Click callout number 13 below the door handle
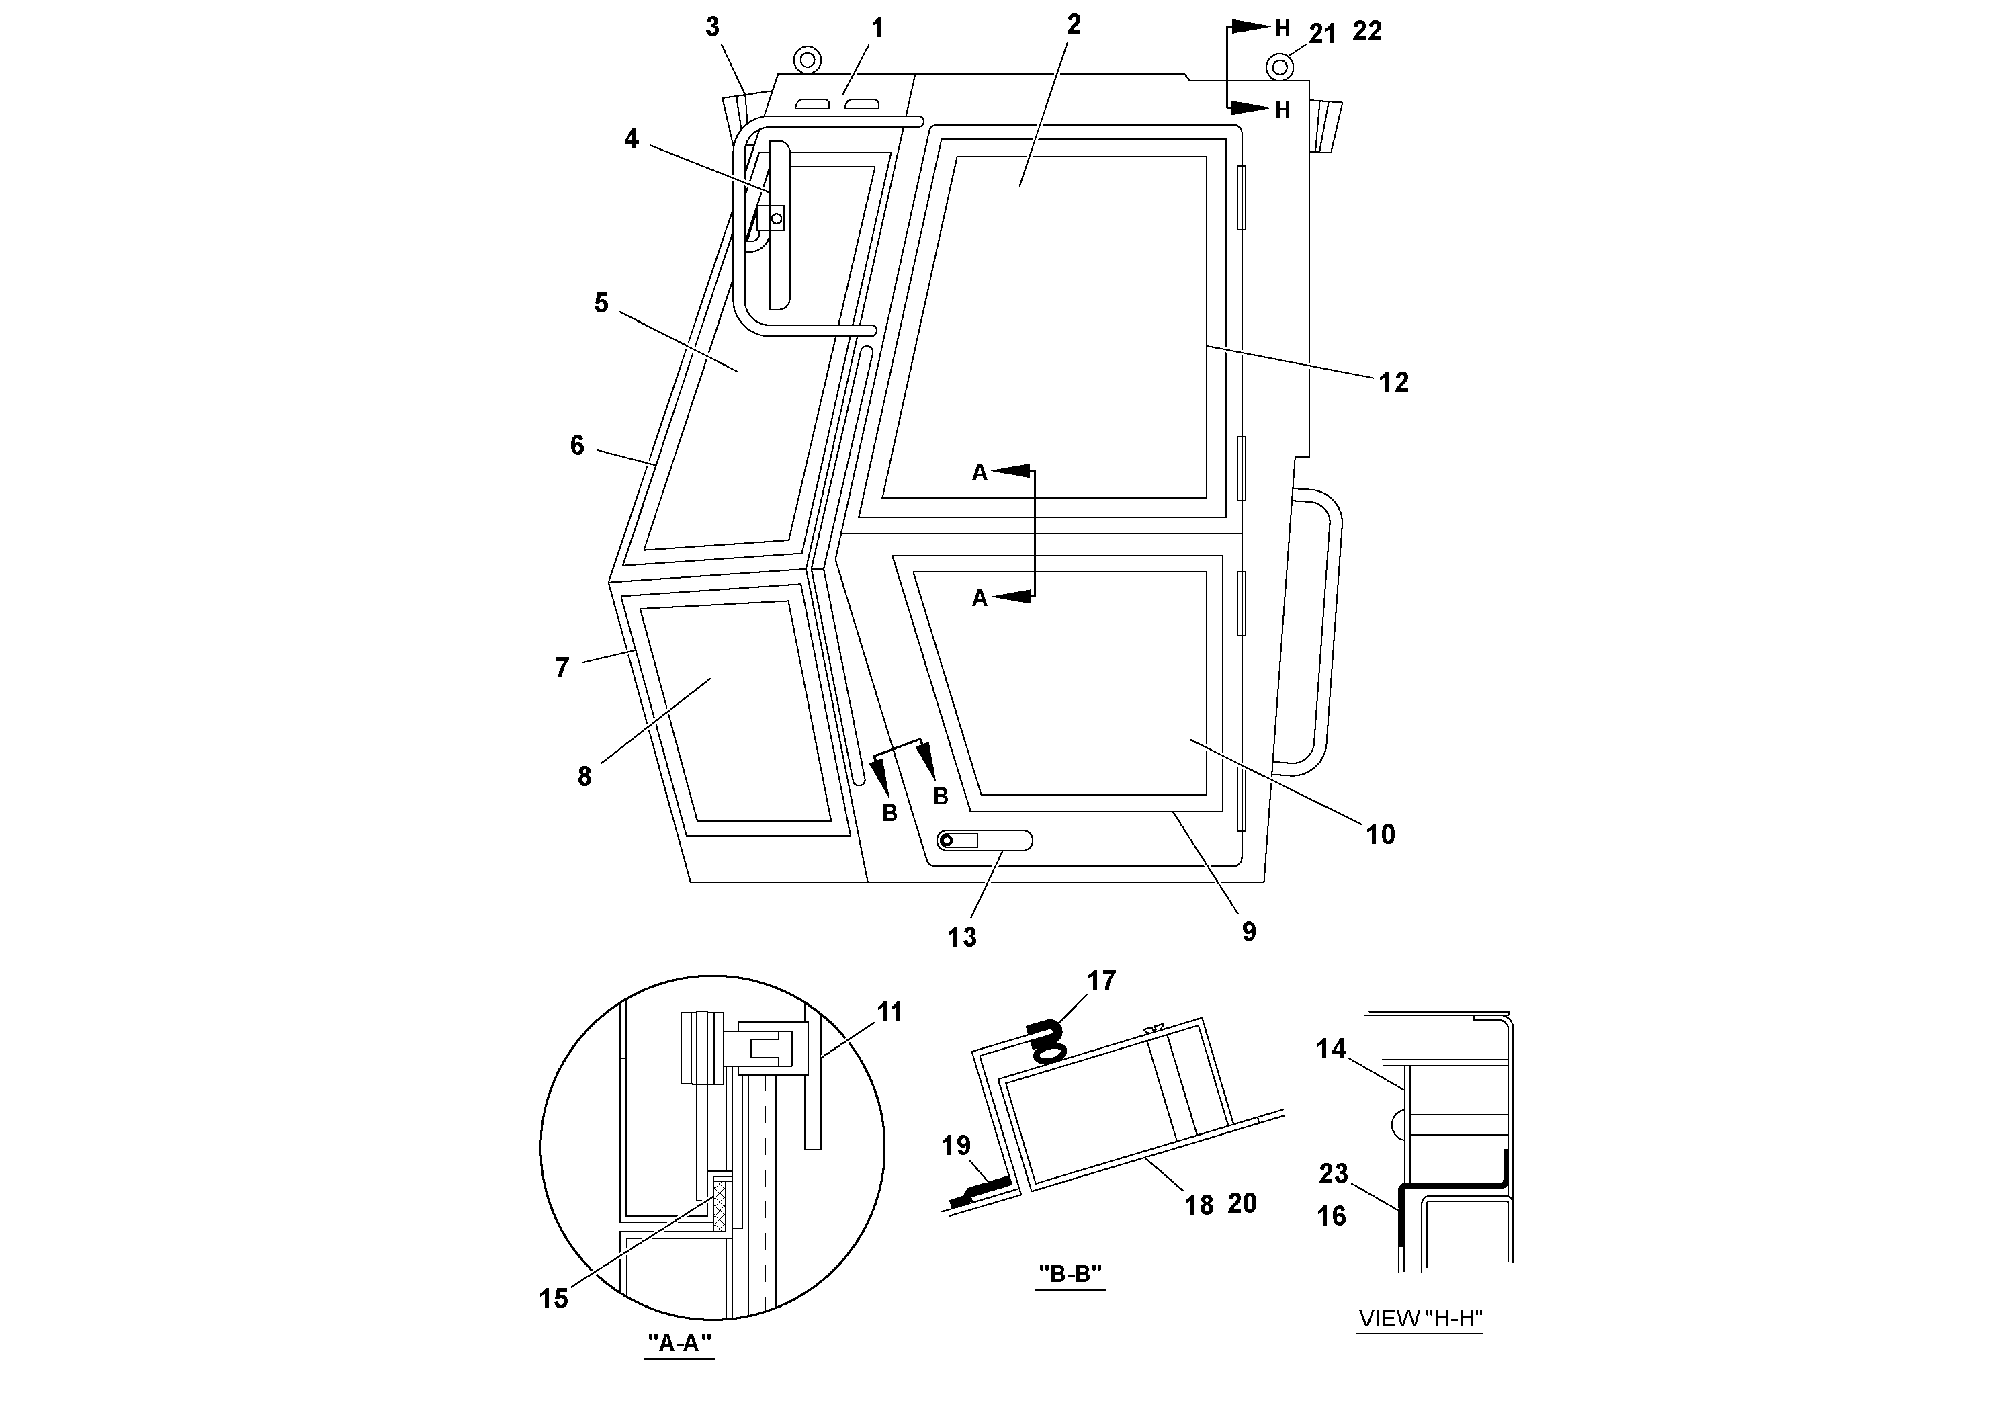coord(961,937)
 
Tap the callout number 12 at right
coord(1393,382)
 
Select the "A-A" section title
coord(679,1342)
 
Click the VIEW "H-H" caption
coord(1420,1318)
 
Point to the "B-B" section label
coord(1070,1274)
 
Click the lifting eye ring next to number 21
coord(1278,67)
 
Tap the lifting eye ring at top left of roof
coord(807,60)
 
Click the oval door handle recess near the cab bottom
coord(984,841)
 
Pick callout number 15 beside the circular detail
coord(553,1298)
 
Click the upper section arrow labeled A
coord(1010,471)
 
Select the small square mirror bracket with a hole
coord(771,218)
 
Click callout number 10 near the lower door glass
coord(1380,834)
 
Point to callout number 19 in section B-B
coord(955,1145)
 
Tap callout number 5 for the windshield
coord(601,303)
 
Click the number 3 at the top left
coord(713,28)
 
